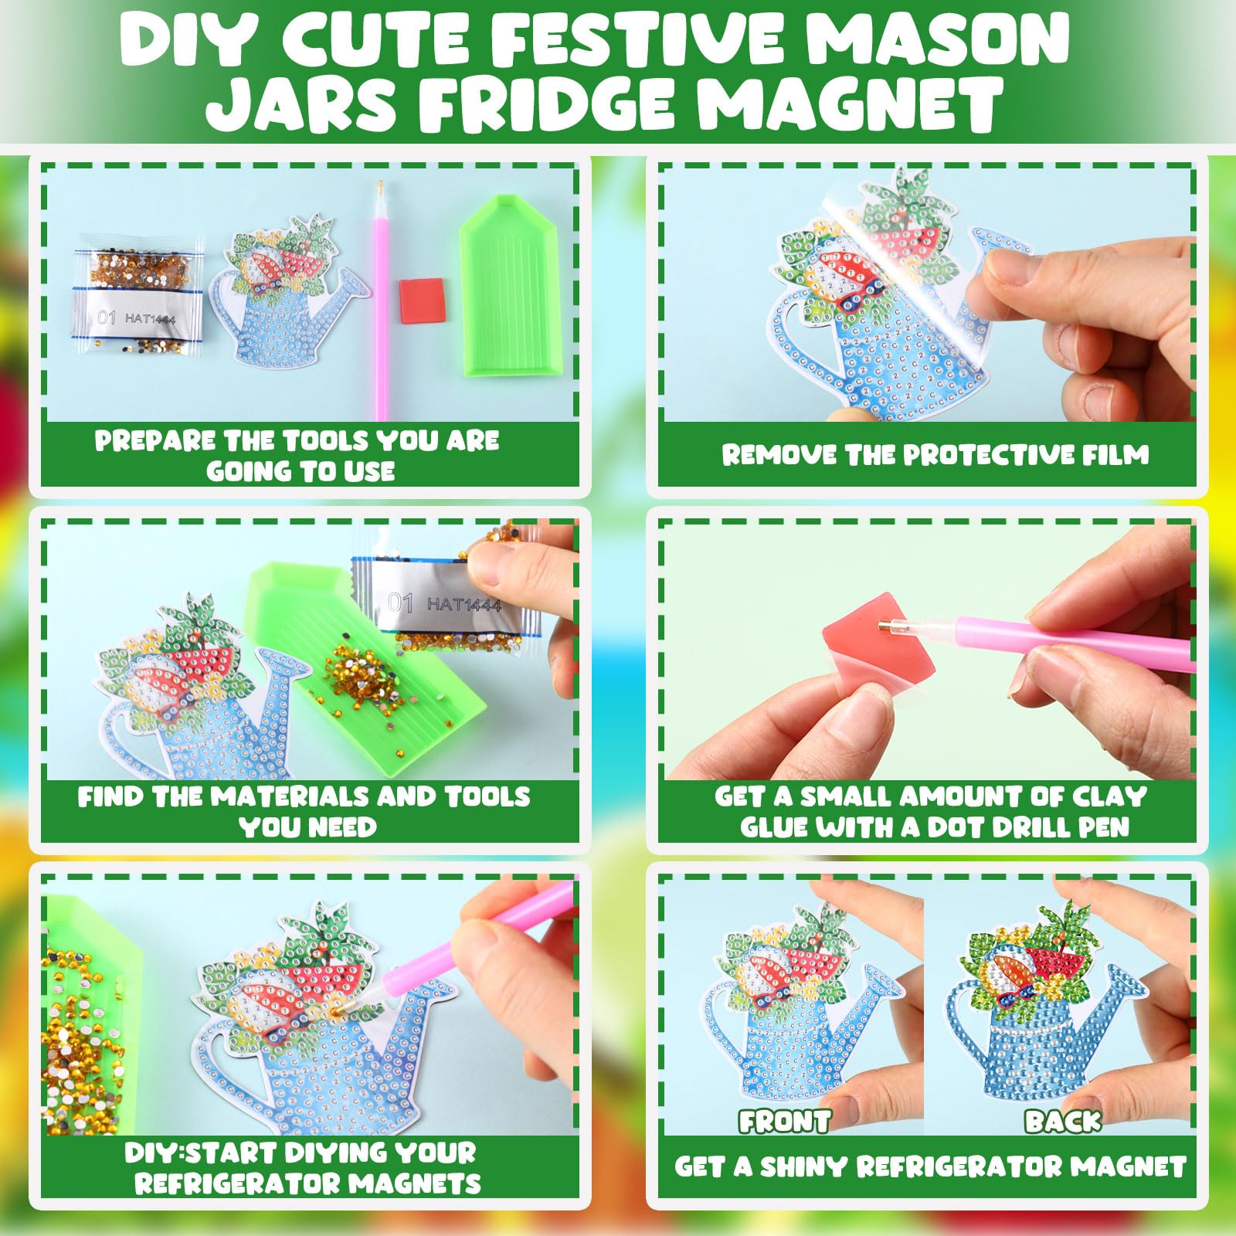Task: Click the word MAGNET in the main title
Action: click(851, 104)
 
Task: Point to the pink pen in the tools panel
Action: click(380, 301)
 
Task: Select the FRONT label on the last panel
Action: click(785, 1121)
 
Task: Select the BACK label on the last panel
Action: click(1062, 1121)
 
